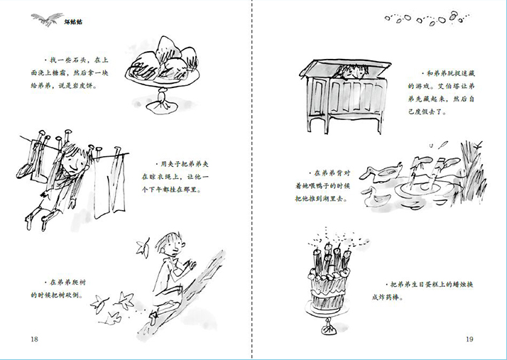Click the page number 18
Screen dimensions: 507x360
tap(34, 339)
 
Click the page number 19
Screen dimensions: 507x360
tap(469, 339)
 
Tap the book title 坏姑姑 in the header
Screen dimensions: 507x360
tap(73, 22)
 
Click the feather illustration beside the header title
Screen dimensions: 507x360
tap(47, 19)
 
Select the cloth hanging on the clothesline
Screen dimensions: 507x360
tap(110, 185)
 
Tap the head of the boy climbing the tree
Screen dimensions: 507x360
tap(170, 245)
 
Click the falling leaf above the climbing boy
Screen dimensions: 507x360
tap(143, 247)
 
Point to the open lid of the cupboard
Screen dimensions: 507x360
tap(345, 67)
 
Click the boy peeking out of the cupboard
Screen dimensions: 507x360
tap(351, 72)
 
